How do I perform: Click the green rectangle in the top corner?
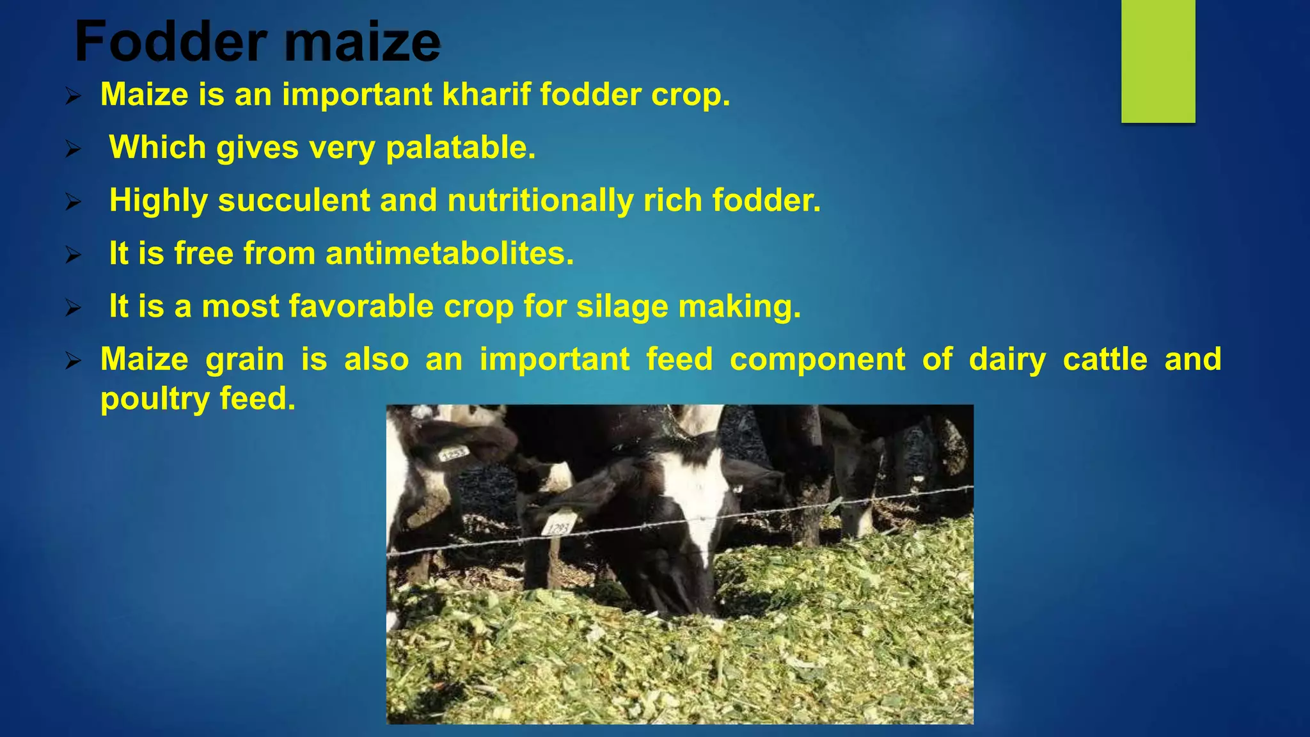1158,61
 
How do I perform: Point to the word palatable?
461,148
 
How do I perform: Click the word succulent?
294,200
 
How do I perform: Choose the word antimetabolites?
450,253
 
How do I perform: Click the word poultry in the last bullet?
155,399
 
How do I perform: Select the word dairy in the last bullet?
1007,360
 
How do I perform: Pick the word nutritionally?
540,200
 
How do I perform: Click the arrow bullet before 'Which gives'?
74,150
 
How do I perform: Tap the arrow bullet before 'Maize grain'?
74,361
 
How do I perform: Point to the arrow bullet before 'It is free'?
74,256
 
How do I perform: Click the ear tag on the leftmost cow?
454,453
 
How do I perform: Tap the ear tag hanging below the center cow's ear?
556,525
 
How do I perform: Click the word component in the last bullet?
817,360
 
